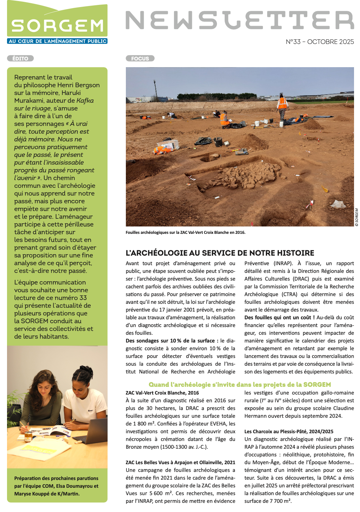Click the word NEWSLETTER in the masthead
pos(239,20)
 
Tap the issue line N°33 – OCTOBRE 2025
pos(320,42)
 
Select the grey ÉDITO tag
pos(20,58)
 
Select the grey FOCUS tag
pos(140,58)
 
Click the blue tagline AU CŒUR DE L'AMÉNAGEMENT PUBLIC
pos(57,41)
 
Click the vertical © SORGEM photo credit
pos(356,217)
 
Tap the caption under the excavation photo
pos(185,232)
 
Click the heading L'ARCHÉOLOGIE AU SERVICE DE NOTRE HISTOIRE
pos(220,253)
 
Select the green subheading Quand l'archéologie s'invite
pos(240,384)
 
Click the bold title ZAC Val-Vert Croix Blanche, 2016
pos(162,393)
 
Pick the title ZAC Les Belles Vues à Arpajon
pos(180,462)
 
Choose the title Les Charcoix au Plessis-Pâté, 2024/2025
pos(289,431)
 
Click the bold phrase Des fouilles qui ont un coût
pos(279,318)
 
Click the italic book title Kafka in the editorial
pos(85,101)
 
